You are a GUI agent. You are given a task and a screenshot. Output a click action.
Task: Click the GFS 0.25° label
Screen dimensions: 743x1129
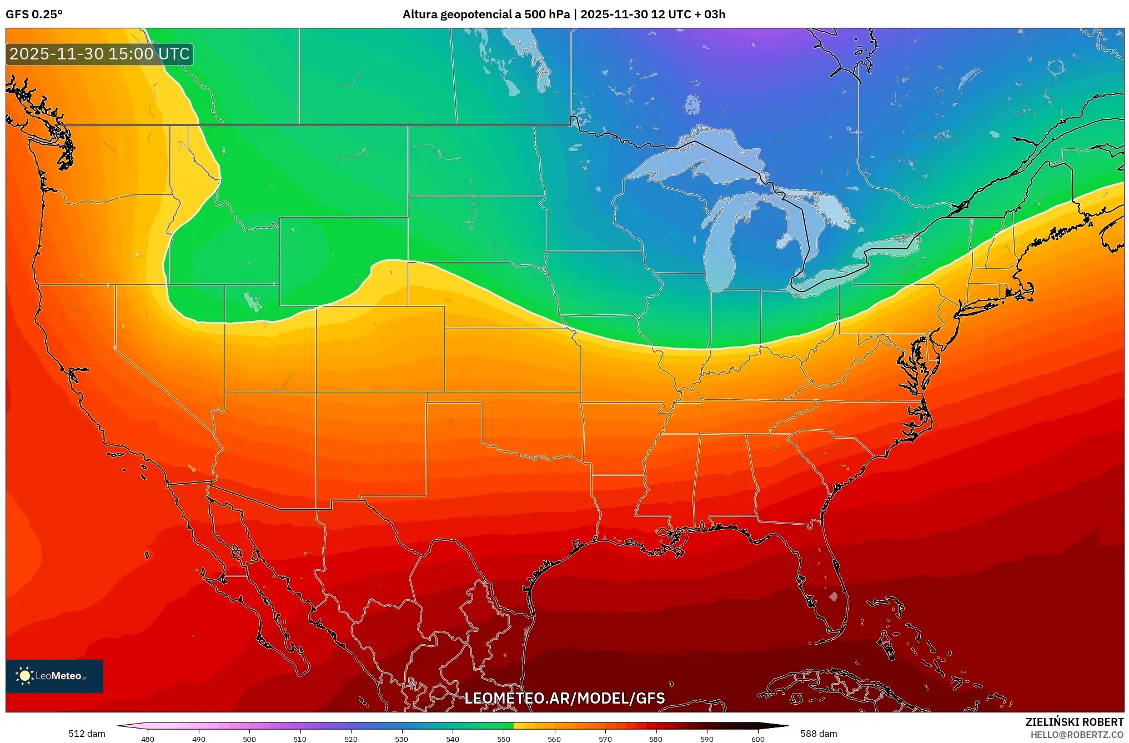point(34,14)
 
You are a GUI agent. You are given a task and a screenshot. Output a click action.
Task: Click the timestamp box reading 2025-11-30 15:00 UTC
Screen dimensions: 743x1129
point(99,54)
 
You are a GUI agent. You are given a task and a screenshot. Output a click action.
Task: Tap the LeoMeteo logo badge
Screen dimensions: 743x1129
point(54,676)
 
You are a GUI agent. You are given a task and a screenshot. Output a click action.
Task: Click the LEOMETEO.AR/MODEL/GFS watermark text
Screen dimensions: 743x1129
point(564,698)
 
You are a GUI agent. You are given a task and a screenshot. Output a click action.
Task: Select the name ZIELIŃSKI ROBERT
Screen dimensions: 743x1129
point(1074,722)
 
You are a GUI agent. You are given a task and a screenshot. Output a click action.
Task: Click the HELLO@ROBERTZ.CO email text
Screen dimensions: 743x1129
point(1077,735)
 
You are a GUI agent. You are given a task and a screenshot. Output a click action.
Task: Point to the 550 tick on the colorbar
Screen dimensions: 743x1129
point(504,739)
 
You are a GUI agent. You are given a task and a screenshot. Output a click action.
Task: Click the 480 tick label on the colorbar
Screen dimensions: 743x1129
point(148,739)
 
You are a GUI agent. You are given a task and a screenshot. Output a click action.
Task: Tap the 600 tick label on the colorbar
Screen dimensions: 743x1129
point(757,739)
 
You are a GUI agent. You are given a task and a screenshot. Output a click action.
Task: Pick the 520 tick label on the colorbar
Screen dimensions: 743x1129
point(351,739)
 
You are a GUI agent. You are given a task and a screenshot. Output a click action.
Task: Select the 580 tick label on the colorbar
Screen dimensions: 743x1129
point(656,739)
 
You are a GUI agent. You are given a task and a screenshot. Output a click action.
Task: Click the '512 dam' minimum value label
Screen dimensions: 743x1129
point(87,734)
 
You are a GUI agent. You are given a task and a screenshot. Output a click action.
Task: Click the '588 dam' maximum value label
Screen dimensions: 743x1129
point(819,734)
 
